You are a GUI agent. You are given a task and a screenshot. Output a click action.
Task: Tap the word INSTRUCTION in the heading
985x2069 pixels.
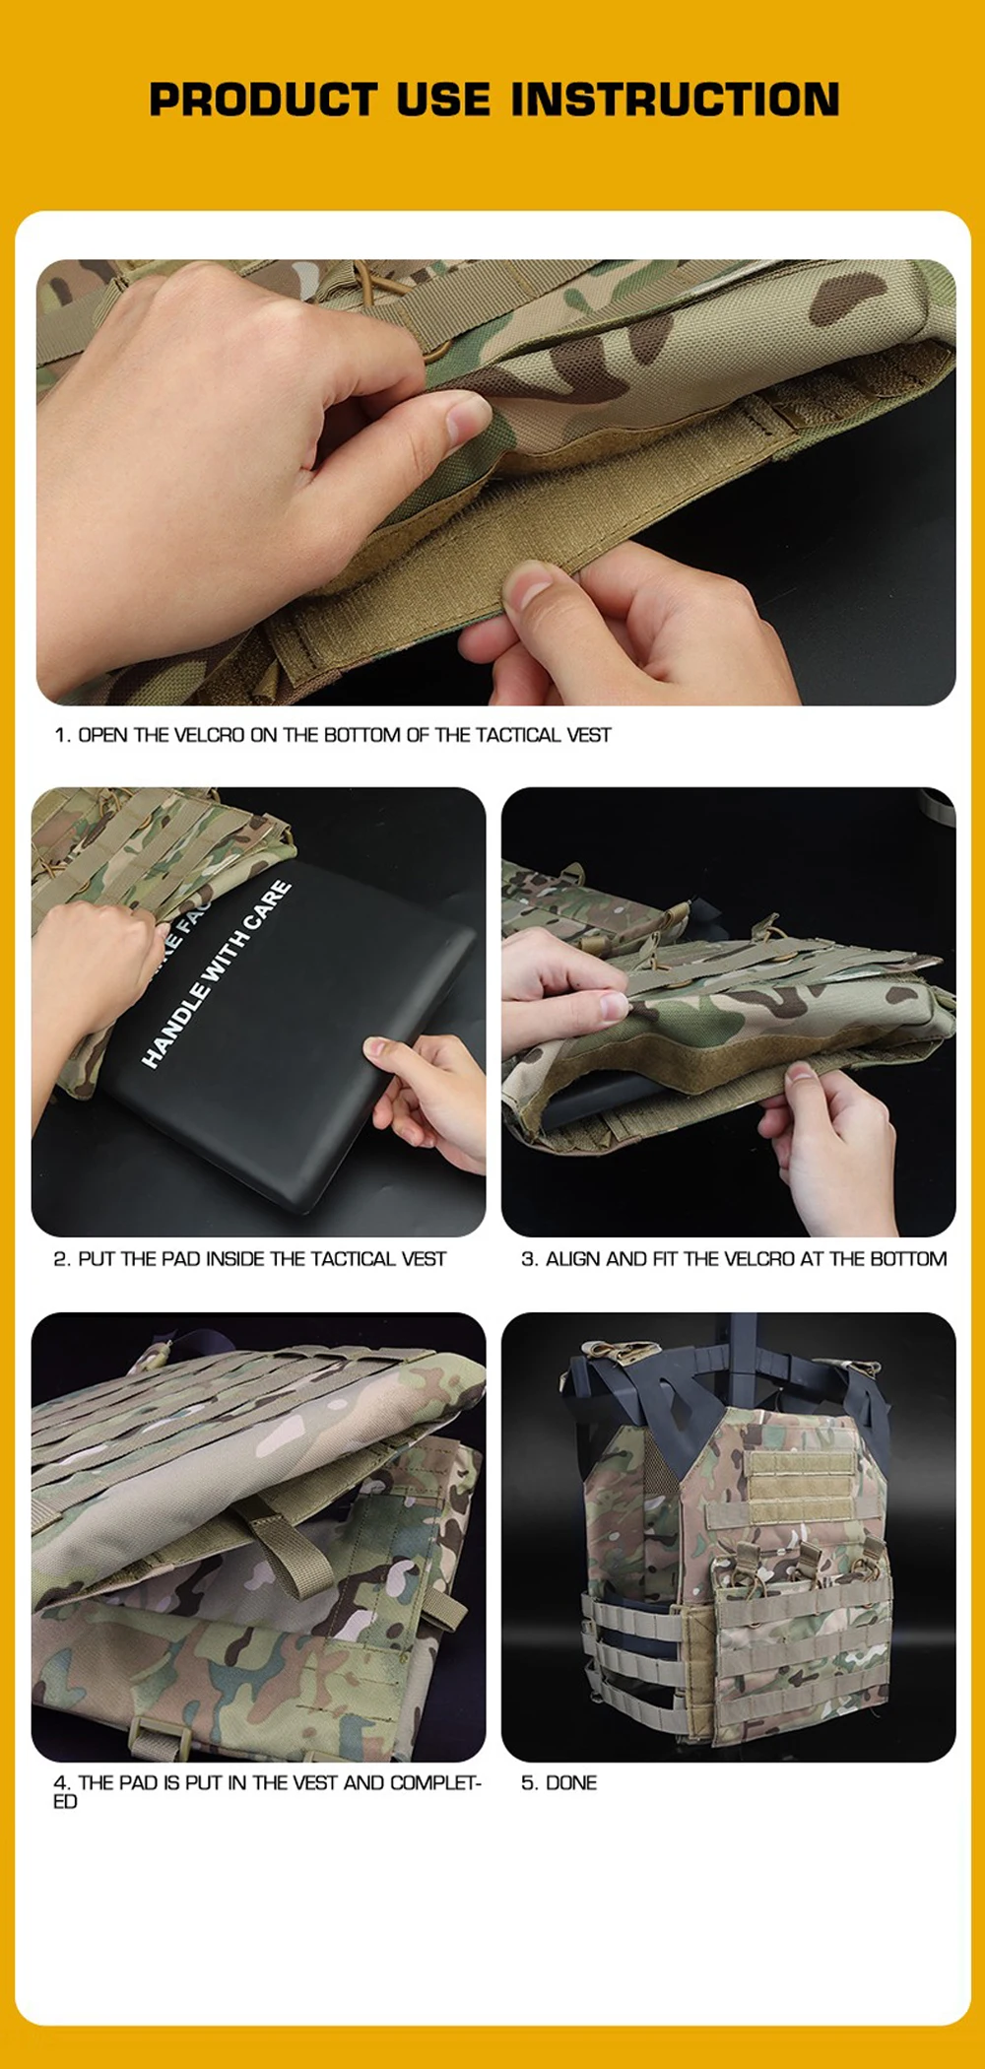click(676, 100)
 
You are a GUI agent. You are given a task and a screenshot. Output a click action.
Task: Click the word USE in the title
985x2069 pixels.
click(443, 100)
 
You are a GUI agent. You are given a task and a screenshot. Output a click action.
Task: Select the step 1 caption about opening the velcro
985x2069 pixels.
click(333, 735)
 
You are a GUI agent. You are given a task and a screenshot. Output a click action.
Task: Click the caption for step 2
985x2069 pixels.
click(250, 1259)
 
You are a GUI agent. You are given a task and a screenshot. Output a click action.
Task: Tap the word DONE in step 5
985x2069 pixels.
click(571, 1783)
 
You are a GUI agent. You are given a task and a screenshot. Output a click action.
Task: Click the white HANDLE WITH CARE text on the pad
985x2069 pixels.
click(217, 973)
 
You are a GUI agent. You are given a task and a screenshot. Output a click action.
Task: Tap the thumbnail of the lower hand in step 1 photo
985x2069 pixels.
click(529, 588)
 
